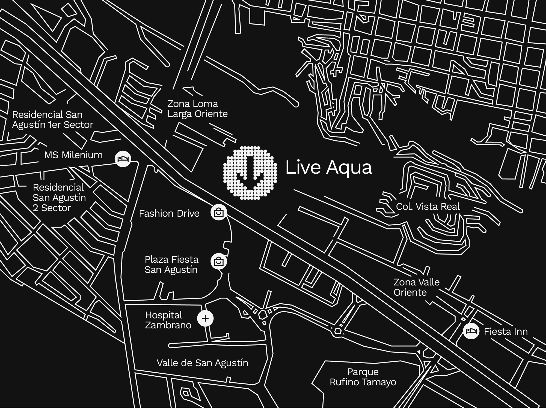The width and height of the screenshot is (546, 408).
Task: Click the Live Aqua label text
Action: (x=328, y=167)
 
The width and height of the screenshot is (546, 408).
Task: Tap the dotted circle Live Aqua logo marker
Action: (x=250, y=173)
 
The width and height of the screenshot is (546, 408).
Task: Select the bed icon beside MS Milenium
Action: (x=123, y=159)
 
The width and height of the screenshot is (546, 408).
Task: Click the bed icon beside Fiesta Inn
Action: (x=471, y=331)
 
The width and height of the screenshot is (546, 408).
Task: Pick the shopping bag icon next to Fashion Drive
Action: (x=219, y=212)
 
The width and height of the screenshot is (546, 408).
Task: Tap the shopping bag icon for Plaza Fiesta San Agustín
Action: (x=219, y=262)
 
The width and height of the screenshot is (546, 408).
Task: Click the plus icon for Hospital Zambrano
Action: (x=205, y=318)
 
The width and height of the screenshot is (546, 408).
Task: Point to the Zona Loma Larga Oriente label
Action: (x=197, y=109)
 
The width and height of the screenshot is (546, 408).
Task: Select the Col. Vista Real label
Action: (x=428, y=207)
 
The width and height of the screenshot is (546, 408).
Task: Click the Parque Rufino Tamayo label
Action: (x=363, y=377)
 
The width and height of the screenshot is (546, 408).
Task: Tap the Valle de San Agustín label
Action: (x=202, y=363)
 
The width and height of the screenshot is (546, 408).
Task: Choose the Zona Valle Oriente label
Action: (x=416, y=287)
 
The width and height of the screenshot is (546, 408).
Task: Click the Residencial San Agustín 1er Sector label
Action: (x=52, y=120)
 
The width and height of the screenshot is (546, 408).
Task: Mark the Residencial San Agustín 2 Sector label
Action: (x=59, y=198)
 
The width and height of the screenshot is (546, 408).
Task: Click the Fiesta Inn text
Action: (x=506, y=332)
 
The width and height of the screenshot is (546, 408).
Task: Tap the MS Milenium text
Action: (x=73, y=155)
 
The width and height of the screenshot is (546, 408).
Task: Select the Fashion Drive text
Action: (x=169, y=213)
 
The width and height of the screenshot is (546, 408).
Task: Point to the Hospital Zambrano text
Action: (x=168, y=320)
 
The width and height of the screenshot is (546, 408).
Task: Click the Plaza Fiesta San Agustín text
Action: (x=171, y=264)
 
